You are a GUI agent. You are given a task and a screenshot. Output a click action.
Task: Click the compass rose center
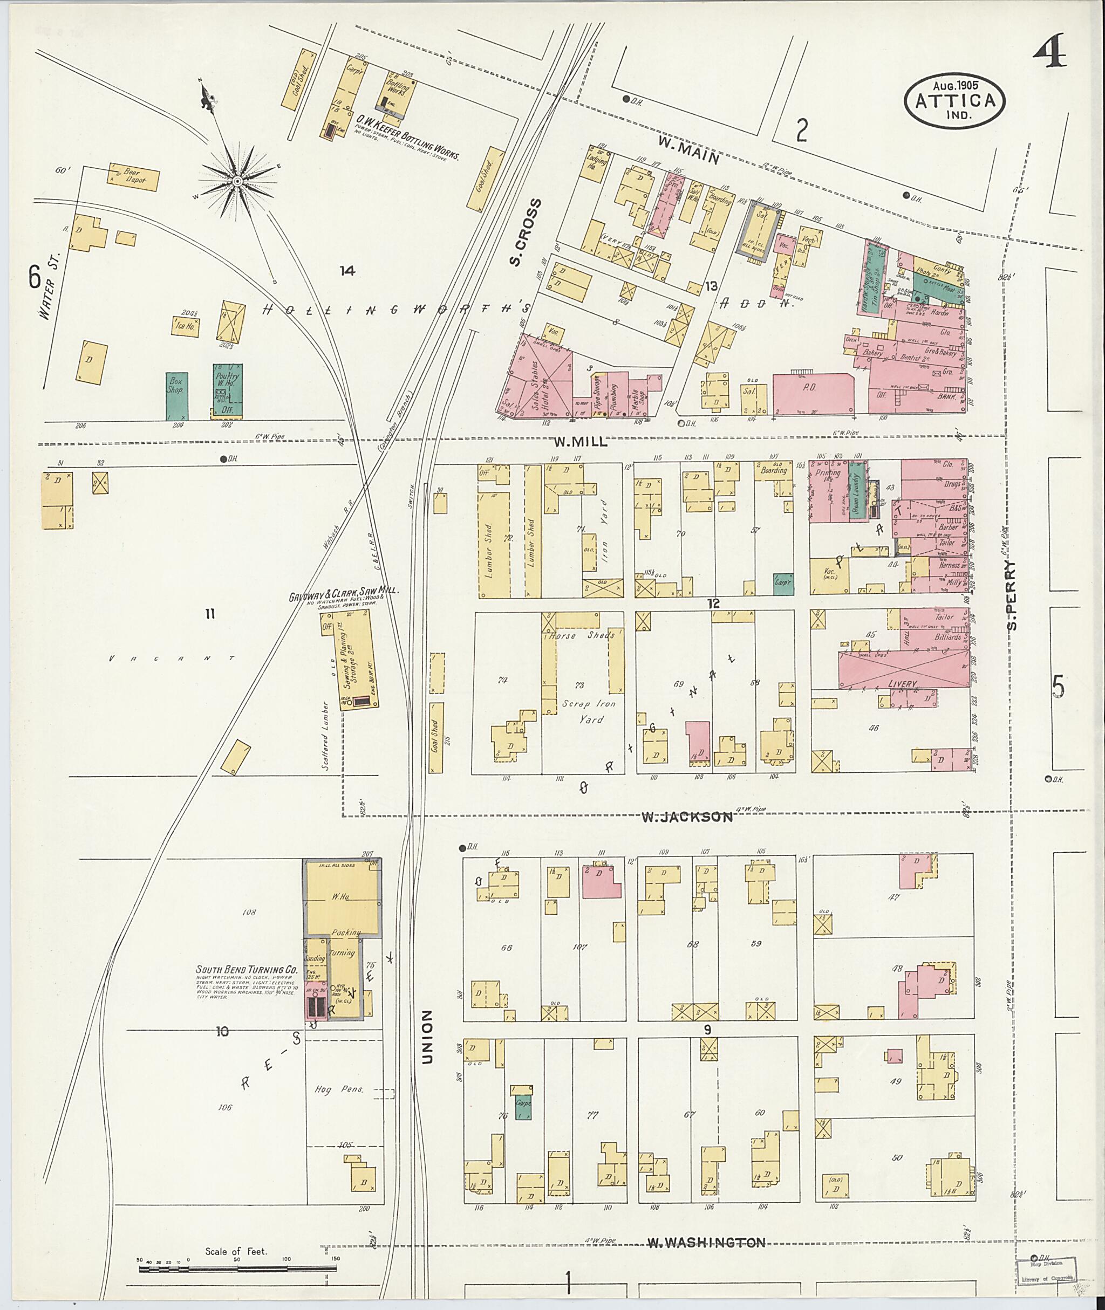tap(237, 182)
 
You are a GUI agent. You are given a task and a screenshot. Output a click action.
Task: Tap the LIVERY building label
tap(902, 684)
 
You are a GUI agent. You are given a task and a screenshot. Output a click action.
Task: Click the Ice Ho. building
tap(186, 326)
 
